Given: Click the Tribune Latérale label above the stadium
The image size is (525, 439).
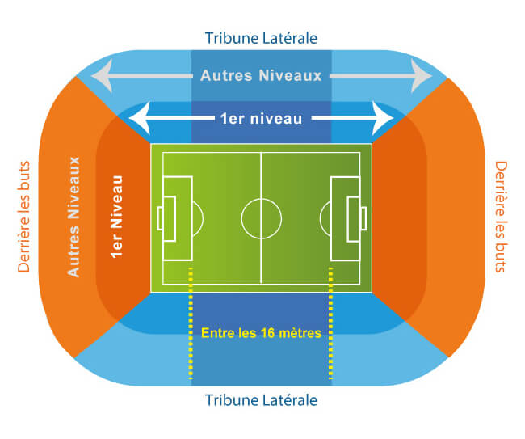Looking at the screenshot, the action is pyautogui.click(x=261, y=38).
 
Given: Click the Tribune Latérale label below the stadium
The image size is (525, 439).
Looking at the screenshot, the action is pyautogui.click(x=261, y=400).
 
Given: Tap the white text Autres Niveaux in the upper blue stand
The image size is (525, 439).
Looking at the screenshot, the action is pyautogui.click(x=261, y=75).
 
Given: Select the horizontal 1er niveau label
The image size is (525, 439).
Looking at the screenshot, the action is pyautogui.click(x=262, y=119).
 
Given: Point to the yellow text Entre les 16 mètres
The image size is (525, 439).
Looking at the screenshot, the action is pyautogui.click(x=261, y=333).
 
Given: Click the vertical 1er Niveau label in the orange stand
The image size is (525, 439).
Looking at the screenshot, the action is pyautogui.click(x=117, y=217).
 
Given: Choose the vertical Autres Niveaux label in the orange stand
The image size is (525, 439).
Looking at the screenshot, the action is pyautogui.click(x=73, y=217).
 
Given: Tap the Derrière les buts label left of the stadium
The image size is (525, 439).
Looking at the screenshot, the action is pyautogui.click(x=23, y=217).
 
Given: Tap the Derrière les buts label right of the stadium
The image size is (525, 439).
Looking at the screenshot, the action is pyautogui.click(x=501, y=217).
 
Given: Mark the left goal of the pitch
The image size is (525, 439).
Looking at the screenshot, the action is pyautogui.click(x=160, y=218).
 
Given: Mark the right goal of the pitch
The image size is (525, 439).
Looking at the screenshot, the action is pyautogui.click(x=363, y=218).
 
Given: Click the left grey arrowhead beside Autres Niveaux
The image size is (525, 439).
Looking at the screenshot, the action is pyautogui.click(x=102, y=76).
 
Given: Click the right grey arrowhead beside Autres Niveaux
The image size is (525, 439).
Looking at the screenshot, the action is pyautogui.click(x=422, y=76).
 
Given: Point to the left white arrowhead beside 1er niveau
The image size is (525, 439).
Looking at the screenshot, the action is pyautogui.click(x=140, y=118).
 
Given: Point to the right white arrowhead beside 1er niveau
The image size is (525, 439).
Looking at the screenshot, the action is pyautogui.click(x=383, y=118).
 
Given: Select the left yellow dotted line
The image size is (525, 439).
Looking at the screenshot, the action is pyautogui.click(x=191, y=323).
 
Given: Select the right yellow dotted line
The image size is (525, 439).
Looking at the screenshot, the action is pyautogui.click(x=331, y=323).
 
